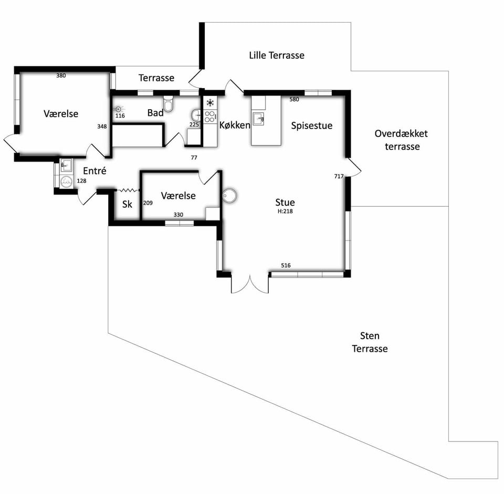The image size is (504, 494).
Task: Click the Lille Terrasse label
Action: (277, 55)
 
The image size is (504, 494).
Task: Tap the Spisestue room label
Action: (311, 125)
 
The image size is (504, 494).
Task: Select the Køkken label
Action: (235, 125)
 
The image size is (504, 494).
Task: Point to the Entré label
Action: (94, 171)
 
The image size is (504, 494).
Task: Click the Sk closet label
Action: (127, 204)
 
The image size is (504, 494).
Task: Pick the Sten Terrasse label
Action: (370, 342)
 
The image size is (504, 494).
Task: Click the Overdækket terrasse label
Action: (402, 140)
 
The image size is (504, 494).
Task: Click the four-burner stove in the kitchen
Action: (210, 116)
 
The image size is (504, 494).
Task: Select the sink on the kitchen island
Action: (258, 119)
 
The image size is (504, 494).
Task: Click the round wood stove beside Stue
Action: (230, 195)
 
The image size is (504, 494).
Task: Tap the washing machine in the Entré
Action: (67, 182)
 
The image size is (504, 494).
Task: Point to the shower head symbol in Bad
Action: (118, 109)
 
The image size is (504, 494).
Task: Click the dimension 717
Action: (339, 176)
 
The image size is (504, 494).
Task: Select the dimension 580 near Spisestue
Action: (294, 99)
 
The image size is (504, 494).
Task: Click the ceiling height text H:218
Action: (285, 211)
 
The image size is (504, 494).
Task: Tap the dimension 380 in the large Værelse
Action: (61, 76)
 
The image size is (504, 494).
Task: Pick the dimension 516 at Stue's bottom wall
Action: (286, 265)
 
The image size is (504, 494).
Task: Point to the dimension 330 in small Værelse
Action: (178, 215)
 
